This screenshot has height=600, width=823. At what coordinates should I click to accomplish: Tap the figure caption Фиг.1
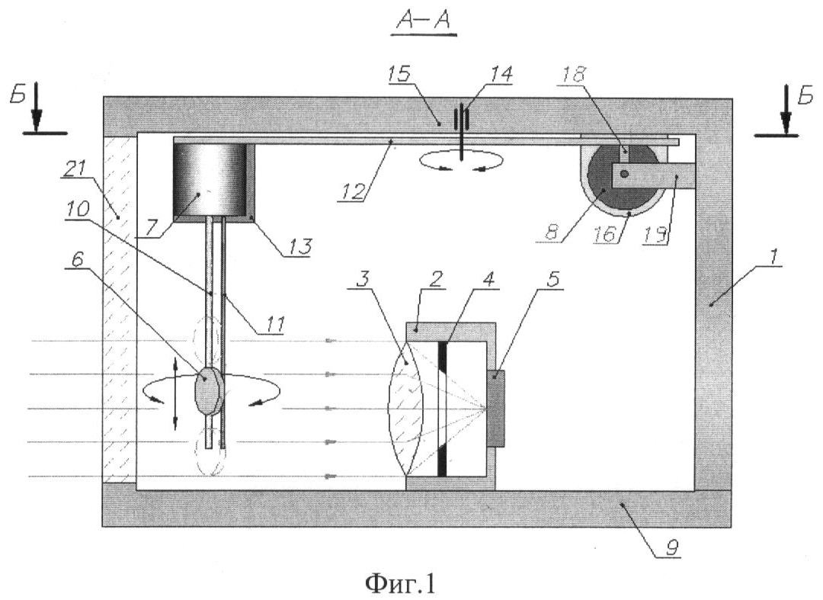[401, 582]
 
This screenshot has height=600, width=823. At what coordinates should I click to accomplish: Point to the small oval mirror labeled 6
[209, 391]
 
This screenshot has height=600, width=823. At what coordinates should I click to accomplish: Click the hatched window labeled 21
[120, 310]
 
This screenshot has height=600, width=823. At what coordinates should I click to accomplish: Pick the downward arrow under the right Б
[786, 111]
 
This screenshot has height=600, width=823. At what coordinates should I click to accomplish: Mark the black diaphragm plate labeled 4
[442, 409]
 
